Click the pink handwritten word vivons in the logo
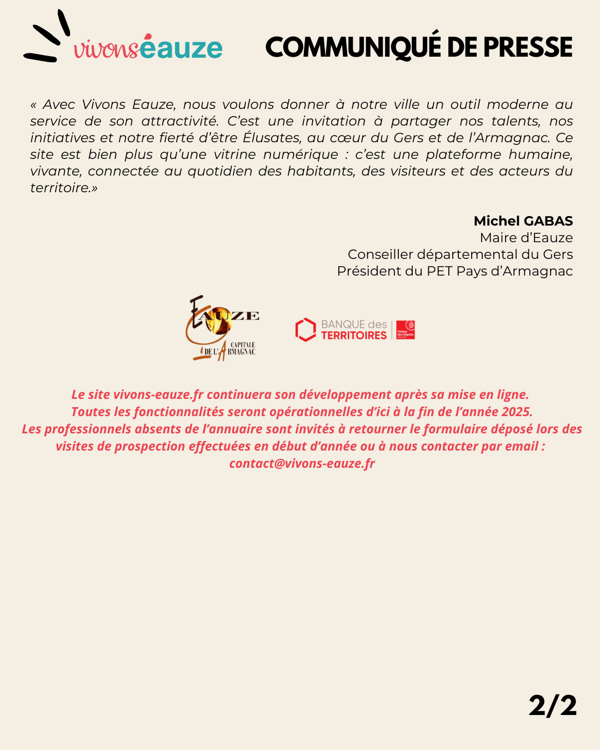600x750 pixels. point(106,49)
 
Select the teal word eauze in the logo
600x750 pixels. point(181,48)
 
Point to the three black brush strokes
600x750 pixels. point(48,38)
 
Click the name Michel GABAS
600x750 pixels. point(523,221)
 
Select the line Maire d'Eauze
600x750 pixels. point(526,238)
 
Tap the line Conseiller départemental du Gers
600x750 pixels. point(460,254)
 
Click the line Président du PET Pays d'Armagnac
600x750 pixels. point(454,271)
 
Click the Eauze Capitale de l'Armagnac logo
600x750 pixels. point(222,328)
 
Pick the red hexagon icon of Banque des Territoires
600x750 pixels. point(305,329)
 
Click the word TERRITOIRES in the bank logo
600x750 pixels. point(354,336)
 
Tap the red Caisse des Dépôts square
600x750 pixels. point(406,329)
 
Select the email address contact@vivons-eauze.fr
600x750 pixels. point(302,463)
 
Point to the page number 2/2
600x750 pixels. point(552,706)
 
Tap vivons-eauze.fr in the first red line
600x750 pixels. point(158,394)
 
